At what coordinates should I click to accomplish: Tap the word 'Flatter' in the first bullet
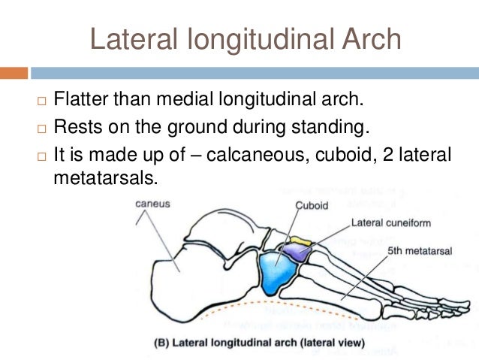point(83,99)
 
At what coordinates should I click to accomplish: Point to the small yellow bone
point(300,241)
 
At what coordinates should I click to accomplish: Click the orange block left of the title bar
point(14,73)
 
